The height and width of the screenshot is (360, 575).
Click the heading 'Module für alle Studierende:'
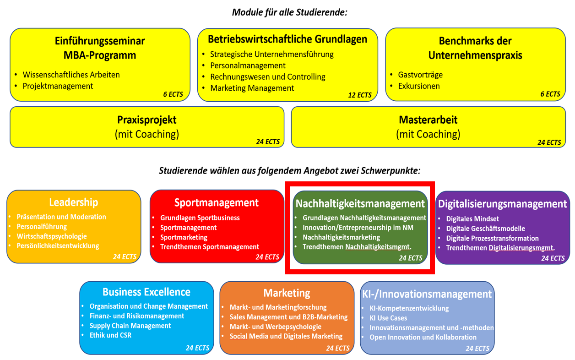[289, 12]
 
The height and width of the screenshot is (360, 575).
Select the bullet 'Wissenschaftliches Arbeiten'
[71, 75]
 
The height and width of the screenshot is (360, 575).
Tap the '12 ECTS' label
[359, 95]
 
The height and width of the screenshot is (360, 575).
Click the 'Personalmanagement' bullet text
[248, 65]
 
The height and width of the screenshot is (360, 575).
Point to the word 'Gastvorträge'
[420, 75]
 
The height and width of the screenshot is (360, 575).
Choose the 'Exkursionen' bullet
[418, 86]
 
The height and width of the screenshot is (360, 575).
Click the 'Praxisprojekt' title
[146, 120]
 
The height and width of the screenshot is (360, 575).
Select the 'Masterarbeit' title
[428, 120]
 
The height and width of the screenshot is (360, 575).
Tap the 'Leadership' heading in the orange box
[73, 202]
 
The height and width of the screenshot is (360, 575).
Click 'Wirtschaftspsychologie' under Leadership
[51, 236]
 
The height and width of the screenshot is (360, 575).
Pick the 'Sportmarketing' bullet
[184, 237]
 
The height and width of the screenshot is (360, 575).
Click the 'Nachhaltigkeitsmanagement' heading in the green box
[360, 203]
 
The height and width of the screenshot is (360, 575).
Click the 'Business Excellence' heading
[146, 292]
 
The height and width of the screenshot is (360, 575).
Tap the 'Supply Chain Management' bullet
[130, 326]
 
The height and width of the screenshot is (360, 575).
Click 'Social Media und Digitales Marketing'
[286, 336]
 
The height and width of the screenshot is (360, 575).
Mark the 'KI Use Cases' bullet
[388, 318]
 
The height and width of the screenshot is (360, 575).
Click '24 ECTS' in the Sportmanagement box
[267, 257]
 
